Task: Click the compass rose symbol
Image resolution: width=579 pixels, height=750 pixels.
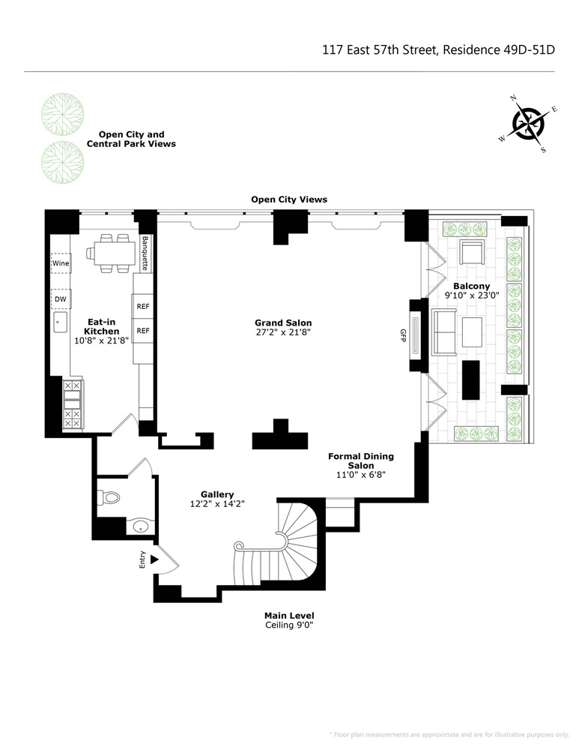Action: [529, 124]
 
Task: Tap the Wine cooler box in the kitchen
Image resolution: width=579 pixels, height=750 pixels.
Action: [60, 264]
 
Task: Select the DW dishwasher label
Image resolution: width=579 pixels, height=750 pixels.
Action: [60, 299]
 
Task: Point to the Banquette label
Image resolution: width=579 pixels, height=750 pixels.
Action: [145, 253]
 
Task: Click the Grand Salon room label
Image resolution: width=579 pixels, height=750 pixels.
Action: [283, 323]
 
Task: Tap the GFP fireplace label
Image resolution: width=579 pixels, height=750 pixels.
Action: [403, 334]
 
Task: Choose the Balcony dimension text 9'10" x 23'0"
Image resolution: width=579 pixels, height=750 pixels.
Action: [471, 296]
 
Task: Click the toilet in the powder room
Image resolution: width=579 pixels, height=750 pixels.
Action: [109, 497]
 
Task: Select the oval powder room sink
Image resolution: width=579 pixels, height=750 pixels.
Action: [140, 527]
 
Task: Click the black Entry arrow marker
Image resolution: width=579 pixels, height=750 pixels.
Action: [154, 559]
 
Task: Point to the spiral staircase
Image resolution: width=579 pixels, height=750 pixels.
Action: [281, 544]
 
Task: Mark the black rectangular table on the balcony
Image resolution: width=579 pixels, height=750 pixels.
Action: [470, 379]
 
